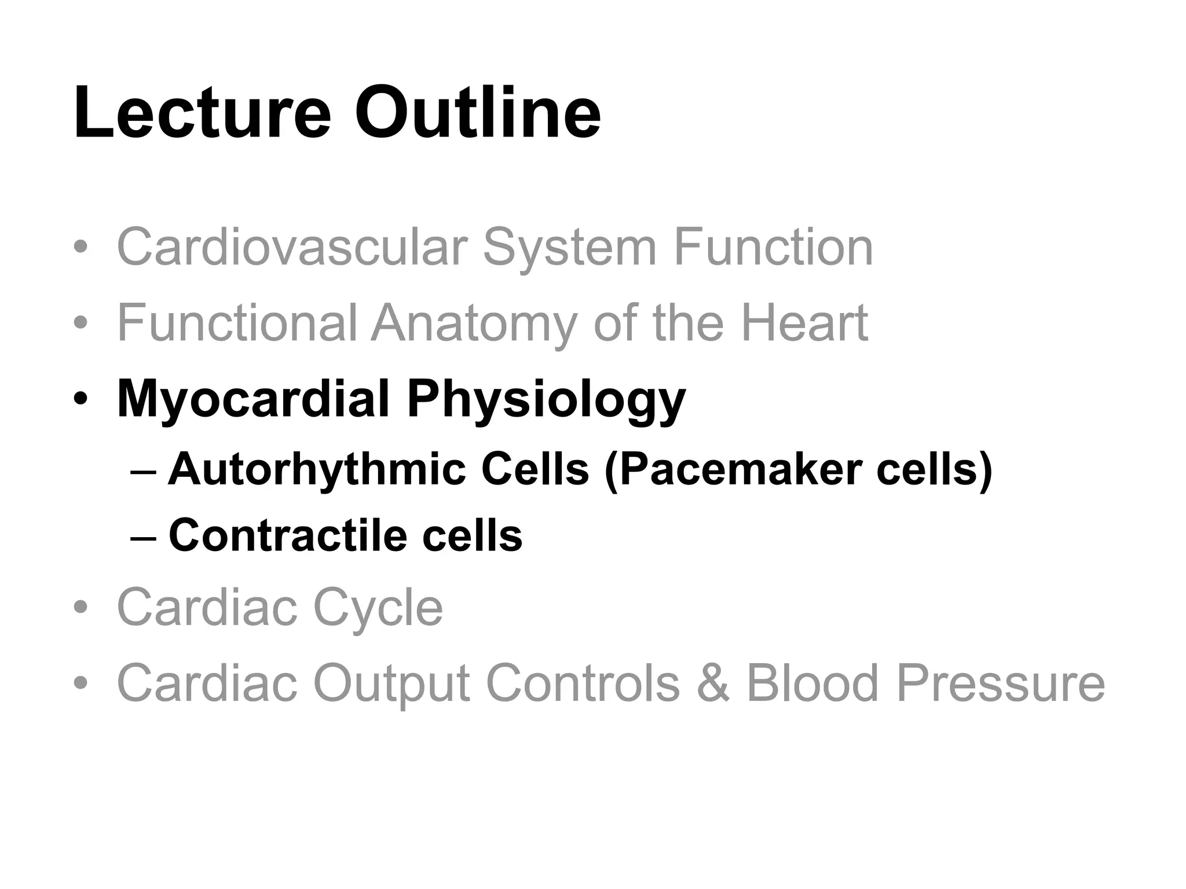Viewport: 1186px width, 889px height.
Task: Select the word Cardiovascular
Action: [292, 247]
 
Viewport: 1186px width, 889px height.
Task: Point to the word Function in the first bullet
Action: [773, 247]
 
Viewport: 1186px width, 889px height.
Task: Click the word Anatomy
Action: [474, 324]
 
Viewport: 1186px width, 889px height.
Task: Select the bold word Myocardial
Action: [252, 399]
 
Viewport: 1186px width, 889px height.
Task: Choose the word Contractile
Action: [288, 535]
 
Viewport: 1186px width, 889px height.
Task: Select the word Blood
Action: [812, 684]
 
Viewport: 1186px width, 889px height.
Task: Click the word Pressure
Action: [1001, 684]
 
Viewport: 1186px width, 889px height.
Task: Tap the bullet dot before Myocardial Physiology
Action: [81, 399]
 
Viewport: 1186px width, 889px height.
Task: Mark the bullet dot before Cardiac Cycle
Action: [81, 608]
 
